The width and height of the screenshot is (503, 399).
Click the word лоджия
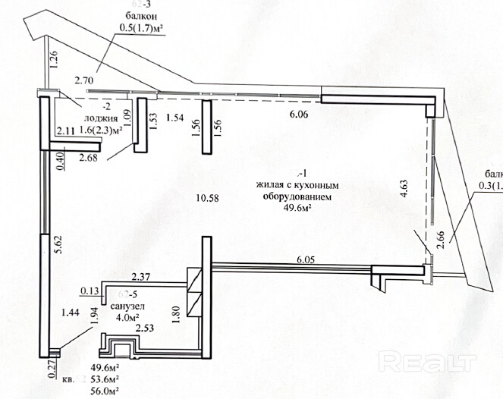coord(101,118)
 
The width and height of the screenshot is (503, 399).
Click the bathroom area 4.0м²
coord(125,317)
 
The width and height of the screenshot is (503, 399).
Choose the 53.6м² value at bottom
coord(105,378)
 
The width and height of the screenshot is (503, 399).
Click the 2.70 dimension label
coord(84,78)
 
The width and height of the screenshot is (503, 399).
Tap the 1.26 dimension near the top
coord(53,58)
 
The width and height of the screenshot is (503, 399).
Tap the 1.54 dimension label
coord(176,118)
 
